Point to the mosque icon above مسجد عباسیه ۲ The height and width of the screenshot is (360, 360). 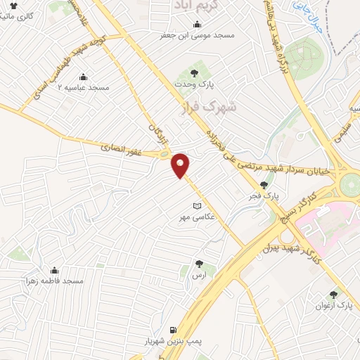pyautogui.click(x=84, y=77)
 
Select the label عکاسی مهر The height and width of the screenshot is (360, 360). pyautogui.click(x=198, y=218)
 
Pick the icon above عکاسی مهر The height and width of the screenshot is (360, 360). pyautogui.click(x=198, y=206)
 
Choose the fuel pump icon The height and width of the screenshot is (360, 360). pyautogui.click(x=172, y=329)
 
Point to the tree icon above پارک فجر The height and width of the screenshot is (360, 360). pyautogui.click(x=264, y=185)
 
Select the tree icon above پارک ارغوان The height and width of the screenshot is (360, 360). pyautogui.click(x=333, y=295)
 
